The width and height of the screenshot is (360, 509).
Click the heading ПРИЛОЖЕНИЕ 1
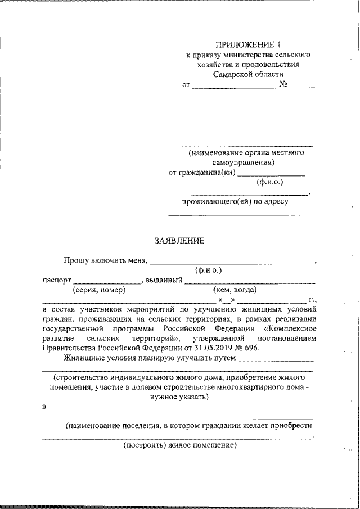point(248,44)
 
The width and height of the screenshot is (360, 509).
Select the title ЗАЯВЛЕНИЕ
point(180,241)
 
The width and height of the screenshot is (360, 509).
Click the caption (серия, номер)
point(99,290)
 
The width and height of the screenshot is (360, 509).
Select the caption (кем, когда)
point(235,290)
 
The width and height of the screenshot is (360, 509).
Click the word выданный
point(163,280)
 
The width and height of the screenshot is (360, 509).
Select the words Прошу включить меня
point(105,260)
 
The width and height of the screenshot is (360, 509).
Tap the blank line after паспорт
point(107,282)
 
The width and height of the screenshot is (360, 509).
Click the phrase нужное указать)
point(180,397)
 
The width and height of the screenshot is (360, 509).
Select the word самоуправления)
point(247,163)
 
